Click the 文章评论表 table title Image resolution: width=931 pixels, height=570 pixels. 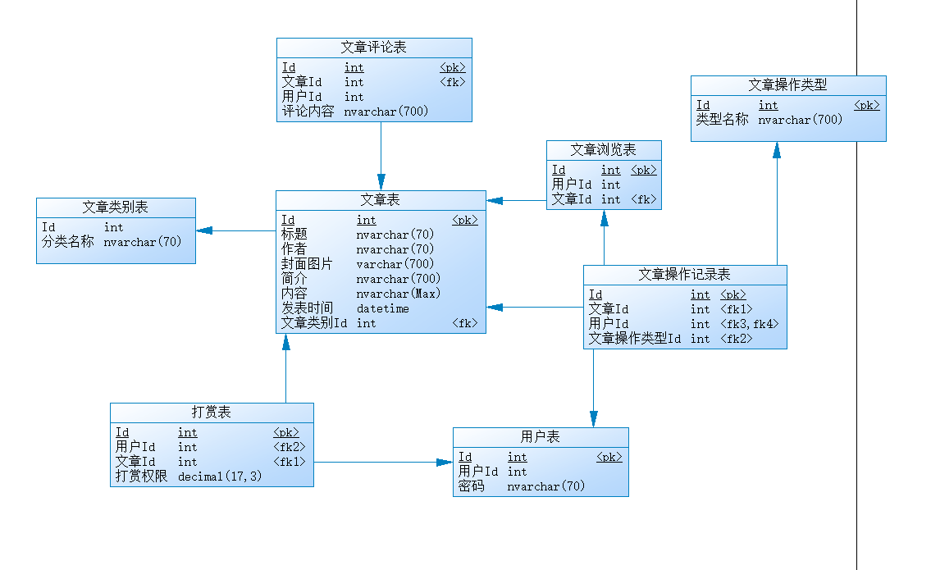[x=374, y=48]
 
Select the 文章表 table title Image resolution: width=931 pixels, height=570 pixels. [x=381, y=200]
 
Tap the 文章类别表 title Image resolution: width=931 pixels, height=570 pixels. [x=116, y=207]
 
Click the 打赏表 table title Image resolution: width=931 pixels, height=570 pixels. [x=212, y=413]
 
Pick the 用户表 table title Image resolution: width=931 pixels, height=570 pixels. [x=541, y=437]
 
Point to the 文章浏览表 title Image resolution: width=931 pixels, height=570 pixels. [x=604, y=150]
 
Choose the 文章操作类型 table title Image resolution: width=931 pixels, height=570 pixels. [x=787, y=85]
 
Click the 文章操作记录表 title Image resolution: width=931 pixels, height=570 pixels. [x=685, y=275]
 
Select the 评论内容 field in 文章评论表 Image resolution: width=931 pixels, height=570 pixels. [x=308, y=112]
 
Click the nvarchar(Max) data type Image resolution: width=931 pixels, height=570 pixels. [x=398, y=294]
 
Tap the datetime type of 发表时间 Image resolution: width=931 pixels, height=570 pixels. [x=383, y=308]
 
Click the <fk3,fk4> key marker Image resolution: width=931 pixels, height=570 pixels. [x=749, y=324]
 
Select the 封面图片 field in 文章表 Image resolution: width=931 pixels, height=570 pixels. [x=308, y=264]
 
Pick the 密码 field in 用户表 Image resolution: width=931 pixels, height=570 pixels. [x=472, y=486]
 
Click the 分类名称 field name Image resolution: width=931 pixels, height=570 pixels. [x=68, y=242]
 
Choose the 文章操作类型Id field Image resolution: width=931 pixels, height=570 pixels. [x=636, y=339]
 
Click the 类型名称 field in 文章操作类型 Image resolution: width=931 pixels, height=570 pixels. [x=723, y=120]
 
